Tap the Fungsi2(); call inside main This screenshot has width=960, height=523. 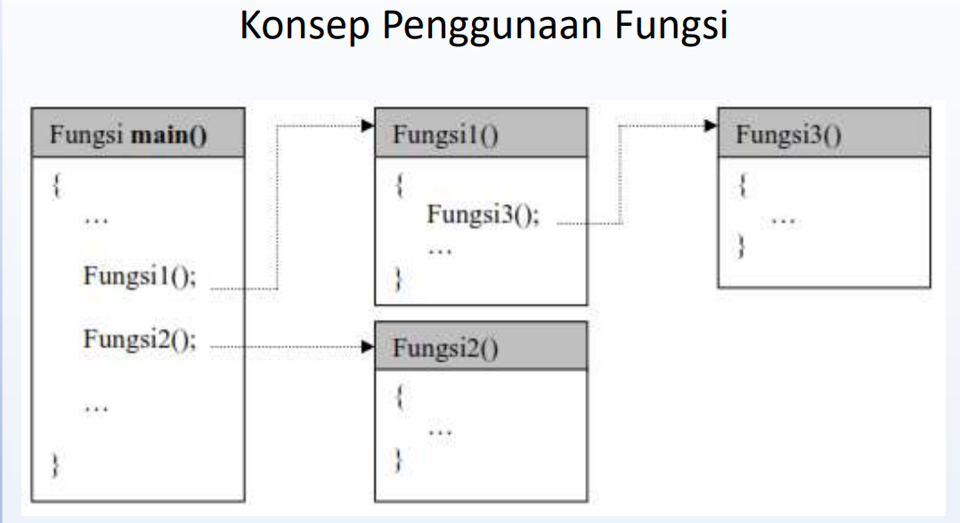[141, 339]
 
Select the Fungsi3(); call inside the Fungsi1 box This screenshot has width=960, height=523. [484, 215]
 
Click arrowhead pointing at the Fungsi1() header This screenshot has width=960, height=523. [366, 127]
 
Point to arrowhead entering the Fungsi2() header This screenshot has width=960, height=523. [366, 346]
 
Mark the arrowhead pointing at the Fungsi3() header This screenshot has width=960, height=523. [710, 127]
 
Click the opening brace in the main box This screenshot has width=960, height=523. [56, 187]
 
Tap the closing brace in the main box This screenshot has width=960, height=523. [56, 464]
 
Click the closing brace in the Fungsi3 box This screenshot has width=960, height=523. [741, 245]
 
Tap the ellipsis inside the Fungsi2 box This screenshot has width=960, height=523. [440, 432]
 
